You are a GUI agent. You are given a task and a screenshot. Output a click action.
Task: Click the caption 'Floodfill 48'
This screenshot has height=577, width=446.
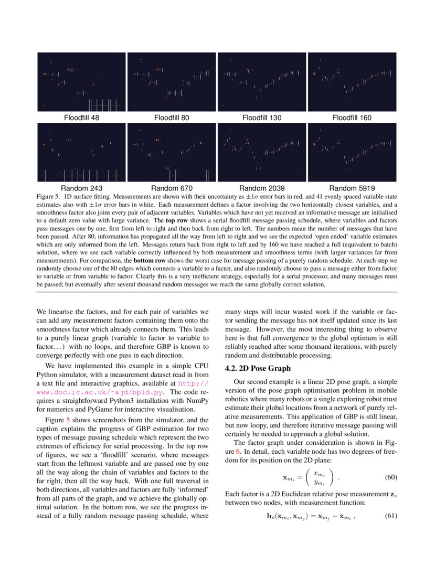coord(81,118)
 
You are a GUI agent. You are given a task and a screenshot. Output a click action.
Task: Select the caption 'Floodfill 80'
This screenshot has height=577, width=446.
coord(172,118)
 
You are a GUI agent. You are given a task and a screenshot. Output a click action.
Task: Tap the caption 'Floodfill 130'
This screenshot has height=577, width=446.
coord(262,118)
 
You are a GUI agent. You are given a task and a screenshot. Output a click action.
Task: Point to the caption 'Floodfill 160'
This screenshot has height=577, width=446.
coord(352,118)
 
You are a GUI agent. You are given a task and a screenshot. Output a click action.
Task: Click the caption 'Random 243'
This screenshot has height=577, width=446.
coord(81,188)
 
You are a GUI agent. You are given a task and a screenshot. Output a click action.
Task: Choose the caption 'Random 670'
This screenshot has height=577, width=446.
coord(172,188)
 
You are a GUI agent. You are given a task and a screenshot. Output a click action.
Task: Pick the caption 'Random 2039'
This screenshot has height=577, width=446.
coord(262,188)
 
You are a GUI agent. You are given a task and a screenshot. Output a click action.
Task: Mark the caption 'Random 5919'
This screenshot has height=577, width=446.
coord(352,188)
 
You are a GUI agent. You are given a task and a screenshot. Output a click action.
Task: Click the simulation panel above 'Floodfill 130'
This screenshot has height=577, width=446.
coord(262,82)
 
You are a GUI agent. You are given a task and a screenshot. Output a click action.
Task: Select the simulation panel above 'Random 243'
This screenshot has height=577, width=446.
coord(81,152)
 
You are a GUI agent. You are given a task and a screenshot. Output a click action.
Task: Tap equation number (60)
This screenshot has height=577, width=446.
coord(390,477)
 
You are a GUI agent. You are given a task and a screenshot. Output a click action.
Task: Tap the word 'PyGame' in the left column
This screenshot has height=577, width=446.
coord(120,409)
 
